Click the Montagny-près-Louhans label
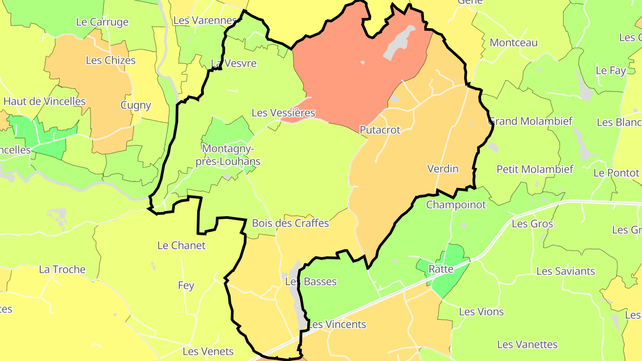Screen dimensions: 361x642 [x=228, y=155]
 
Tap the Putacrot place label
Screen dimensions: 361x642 [x=380, y=130]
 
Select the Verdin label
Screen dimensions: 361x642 [x=443, y=169]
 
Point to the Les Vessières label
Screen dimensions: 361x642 [x=283, y=113]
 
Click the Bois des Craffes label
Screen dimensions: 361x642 [x=290, y=223]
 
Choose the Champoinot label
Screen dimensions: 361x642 [x=456, y=205]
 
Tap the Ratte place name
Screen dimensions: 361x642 [x=441, y=269]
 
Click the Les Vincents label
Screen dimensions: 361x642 [x=337, y=324]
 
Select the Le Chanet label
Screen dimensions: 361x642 [x=181, y=246]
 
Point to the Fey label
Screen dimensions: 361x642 [x=186, y=286]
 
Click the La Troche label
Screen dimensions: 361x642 [x=62, y=270]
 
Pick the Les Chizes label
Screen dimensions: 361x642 [x=111, y=61]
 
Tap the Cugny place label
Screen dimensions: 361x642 [x=136, y=106]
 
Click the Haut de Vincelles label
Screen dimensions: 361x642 [x=45, y=102]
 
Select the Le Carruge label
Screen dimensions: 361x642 [x=102, y=22]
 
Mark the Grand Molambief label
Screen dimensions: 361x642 [x=531, y=121]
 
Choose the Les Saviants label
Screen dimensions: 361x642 [x=565, y=271]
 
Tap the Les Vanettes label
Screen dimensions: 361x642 [x=527, y=345]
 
